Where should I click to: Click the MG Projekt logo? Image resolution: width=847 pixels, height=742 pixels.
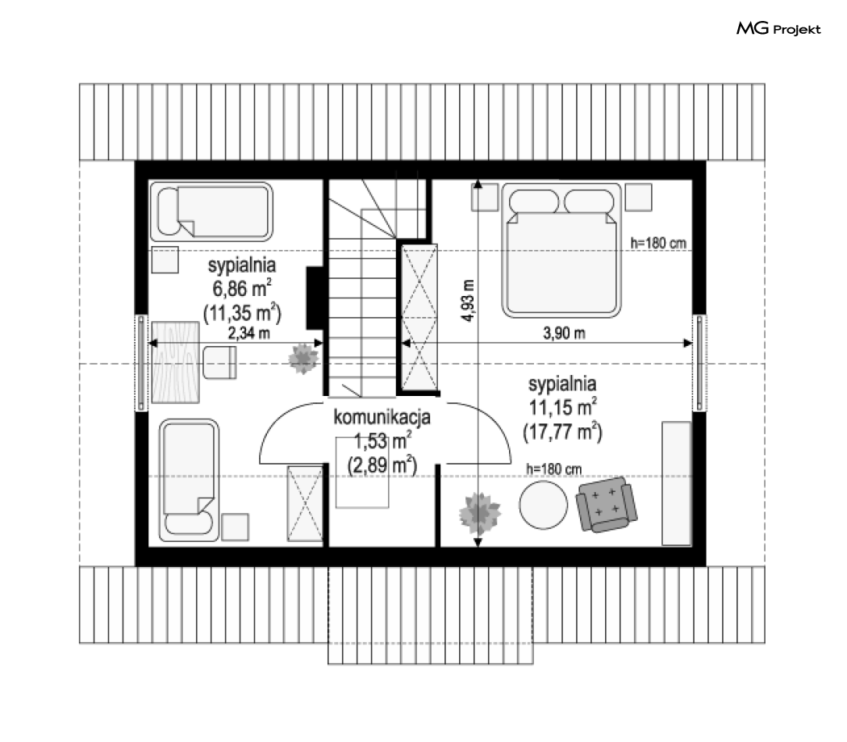click(x=778, y=28)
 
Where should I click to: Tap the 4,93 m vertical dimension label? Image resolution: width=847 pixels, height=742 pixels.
click(x=468, y=301)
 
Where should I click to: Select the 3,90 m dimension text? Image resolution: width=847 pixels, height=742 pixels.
click(x=564, y=333)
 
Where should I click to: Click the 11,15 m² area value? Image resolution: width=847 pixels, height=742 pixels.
click(x=563, y=407)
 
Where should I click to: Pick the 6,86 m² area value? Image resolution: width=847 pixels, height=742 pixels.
click(x=242, y=289)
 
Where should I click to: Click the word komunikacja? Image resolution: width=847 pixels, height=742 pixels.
click(x=382, y=417)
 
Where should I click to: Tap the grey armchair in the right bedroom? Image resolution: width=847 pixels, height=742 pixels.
click(x=606, y=504)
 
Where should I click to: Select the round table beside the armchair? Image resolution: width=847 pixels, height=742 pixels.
click(x=544, y=505)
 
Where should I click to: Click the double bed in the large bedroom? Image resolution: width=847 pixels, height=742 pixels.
click(x=561, y=250)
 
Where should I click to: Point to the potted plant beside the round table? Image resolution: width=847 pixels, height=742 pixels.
click(x=479, y=513)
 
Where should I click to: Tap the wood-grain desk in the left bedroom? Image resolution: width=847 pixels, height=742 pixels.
click(x=175, y=362)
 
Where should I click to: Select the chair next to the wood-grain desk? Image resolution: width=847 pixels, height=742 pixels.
click(x=220, y=362)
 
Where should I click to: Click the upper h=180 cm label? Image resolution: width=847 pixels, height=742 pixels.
click(x=658, y=243)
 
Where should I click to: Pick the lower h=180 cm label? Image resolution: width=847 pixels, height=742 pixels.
click(x=554, y=469)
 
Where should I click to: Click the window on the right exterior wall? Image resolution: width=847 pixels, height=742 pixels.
click(x=699, y=362)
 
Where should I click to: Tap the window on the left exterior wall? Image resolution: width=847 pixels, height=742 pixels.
click(x=141, y=362)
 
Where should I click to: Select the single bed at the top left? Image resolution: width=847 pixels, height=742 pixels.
click(x=211, y=211)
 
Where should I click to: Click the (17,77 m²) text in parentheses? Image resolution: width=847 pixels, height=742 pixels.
click(x=562, y=432)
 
